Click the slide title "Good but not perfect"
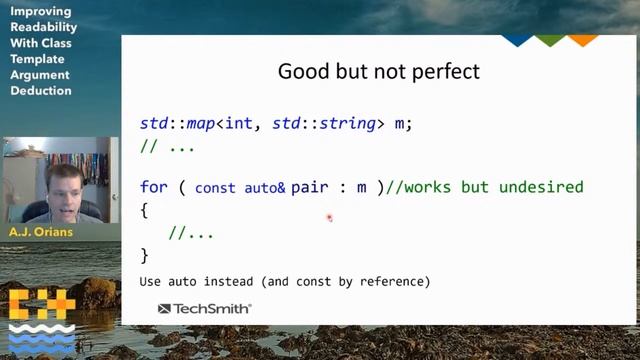coord(378,72)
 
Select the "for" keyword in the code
coord(154,187)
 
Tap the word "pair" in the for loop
coord(310,187)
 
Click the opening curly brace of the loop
coord(145,211)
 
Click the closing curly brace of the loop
coord(145,256)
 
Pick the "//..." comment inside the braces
coord(191,233)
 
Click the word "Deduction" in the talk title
coord(41,91)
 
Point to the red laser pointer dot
coord(328,216)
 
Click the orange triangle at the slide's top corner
coord(582,41)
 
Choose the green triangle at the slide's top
coord(549,41)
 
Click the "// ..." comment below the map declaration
coord(167,146)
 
